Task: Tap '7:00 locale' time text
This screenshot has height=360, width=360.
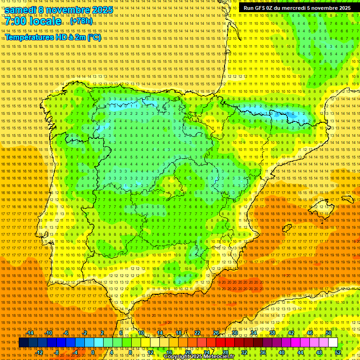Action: [33, 21]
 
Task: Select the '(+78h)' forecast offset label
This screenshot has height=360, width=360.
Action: [81, 21]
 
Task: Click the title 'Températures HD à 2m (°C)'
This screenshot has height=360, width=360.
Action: [52, 37]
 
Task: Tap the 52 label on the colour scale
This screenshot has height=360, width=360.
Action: [338, 352]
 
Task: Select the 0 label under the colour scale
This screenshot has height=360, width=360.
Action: [93, 352]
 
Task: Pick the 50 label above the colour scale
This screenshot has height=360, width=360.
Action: [329, 333]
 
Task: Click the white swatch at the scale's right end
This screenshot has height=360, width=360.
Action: [333, 343]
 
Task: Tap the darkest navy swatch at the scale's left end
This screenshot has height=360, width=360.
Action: [23, 343]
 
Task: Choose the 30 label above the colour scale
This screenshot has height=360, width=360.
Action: [234, 333]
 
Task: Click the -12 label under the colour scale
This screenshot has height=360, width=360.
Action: [39, 352]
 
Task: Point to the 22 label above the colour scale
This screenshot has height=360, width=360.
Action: [197, 333]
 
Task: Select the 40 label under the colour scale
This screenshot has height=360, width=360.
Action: [281, 352]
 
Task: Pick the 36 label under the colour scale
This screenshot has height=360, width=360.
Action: [262, 352]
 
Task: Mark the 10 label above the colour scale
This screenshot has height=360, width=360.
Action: [141, 333]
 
